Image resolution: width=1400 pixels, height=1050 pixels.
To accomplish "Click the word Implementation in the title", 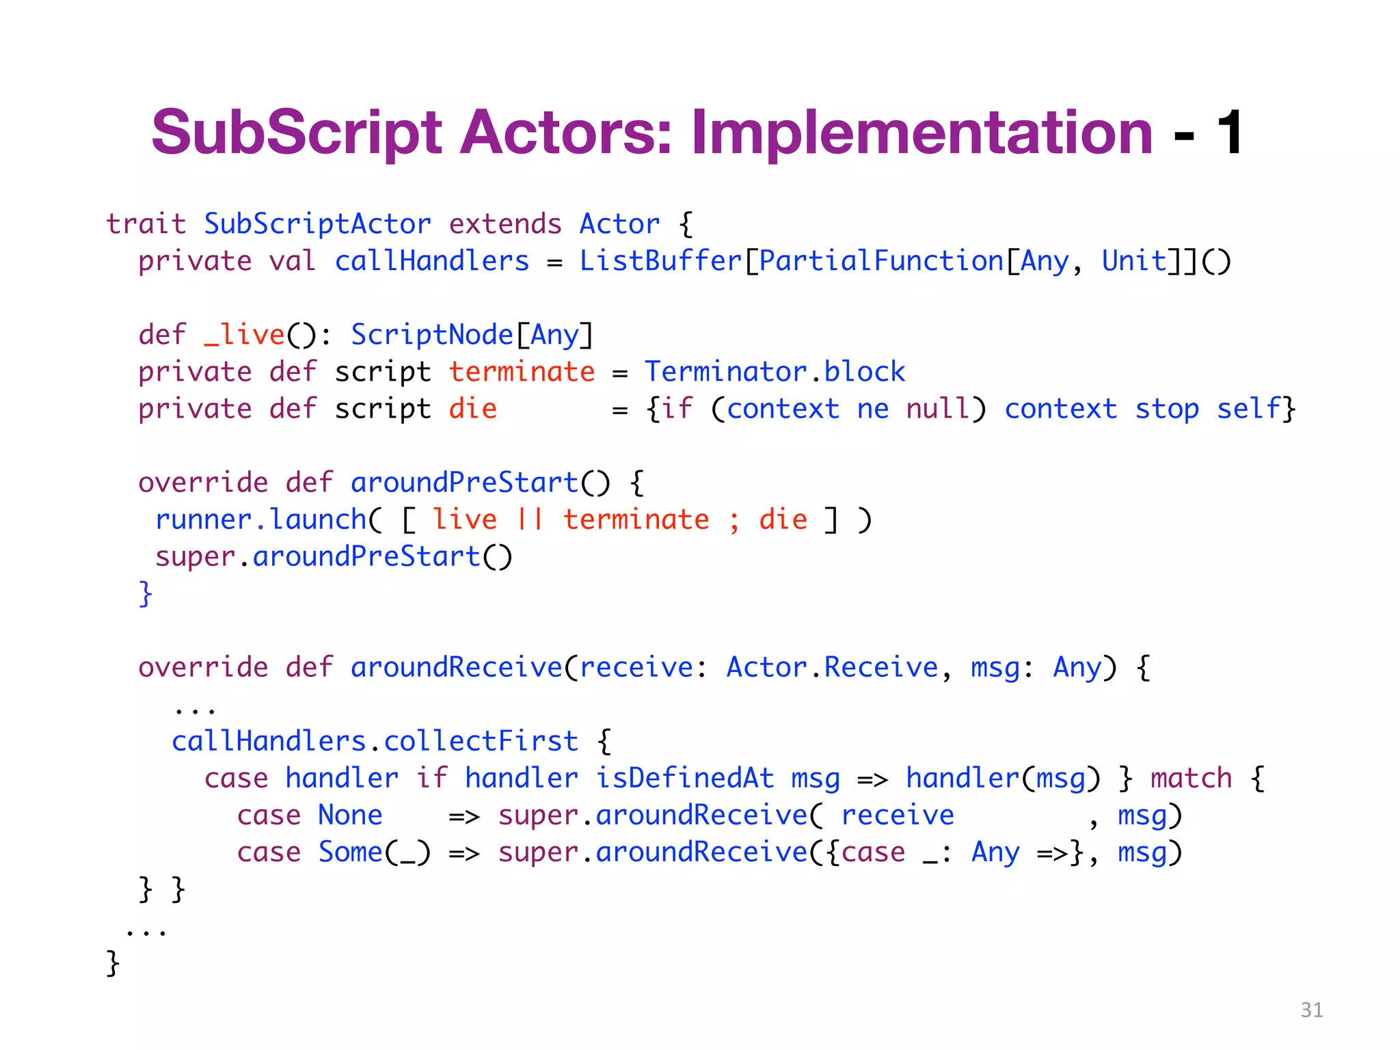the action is [x=922, y=133].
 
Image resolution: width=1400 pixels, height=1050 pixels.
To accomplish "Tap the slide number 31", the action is [x=1311, y=1010].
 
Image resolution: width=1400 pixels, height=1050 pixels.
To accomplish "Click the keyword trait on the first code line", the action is [x=146, y=224].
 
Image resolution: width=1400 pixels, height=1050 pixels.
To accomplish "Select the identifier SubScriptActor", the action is [x=317, y=224].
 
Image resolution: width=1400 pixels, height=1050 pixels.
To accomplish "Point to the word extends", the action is [x=504, y=224].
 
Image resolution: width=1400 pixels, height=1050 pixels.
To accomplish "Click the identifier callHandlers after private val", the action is [x=431, y=261].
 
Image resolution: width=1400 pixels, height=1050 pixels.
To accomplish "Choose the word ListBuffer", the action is [x=660, y=261].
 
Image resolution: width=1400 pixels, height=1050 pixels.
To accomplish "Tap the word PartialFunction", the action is [x=880, y=261].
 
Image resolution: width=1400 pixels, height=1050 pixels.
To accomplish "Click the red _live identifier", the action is [x=244, y=335].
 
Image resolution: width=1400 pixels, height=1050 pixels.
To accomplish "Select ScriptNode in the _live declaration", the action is [x=431, y=335].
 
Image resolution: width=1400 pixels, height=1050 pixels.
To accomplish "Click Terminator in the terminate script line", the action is [x=725, y=372].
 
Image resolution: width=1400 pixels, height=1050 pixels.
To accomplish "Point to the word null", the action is [x=937, y=409].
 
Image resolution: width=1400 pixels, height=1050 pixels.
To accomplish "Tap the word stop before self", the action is [x=1167, y=409].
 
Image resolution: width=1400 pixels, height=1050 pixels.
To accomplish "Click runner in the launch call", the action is [x=204, y=520].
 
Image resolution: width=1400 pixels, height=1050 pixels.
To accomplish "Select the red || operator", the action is [x=530, y=520].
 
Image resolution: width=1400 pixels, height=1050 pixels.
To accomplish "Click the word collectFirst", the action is [x=481, y=741].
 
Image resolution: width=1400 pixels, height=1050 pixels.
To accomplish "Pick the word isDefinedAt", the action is [x=684, y=778].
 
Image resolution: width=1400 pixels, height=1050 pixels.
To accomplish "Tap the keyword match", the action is [x=1191, y=778].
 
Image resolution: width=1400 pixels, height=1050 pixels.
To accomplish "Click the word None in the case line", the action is [x=350, y=815].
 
